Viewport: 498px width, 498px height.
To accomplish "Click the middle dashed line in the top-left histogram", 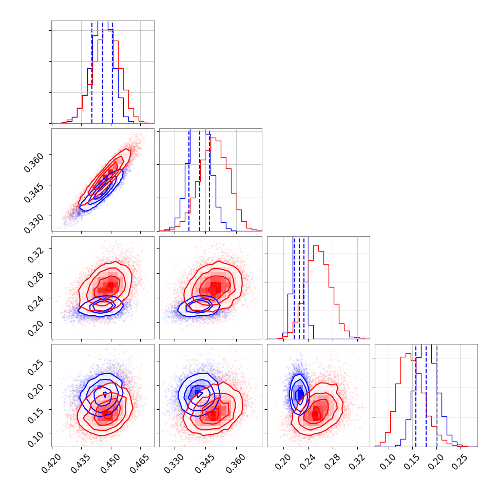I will tap(103, 72).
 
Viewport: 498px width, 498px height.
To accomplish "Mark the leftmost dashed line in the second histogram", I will tap(189, 180).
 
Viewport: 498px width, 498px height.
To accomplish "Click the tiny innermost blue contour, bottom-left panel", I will tap(105, 394).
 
